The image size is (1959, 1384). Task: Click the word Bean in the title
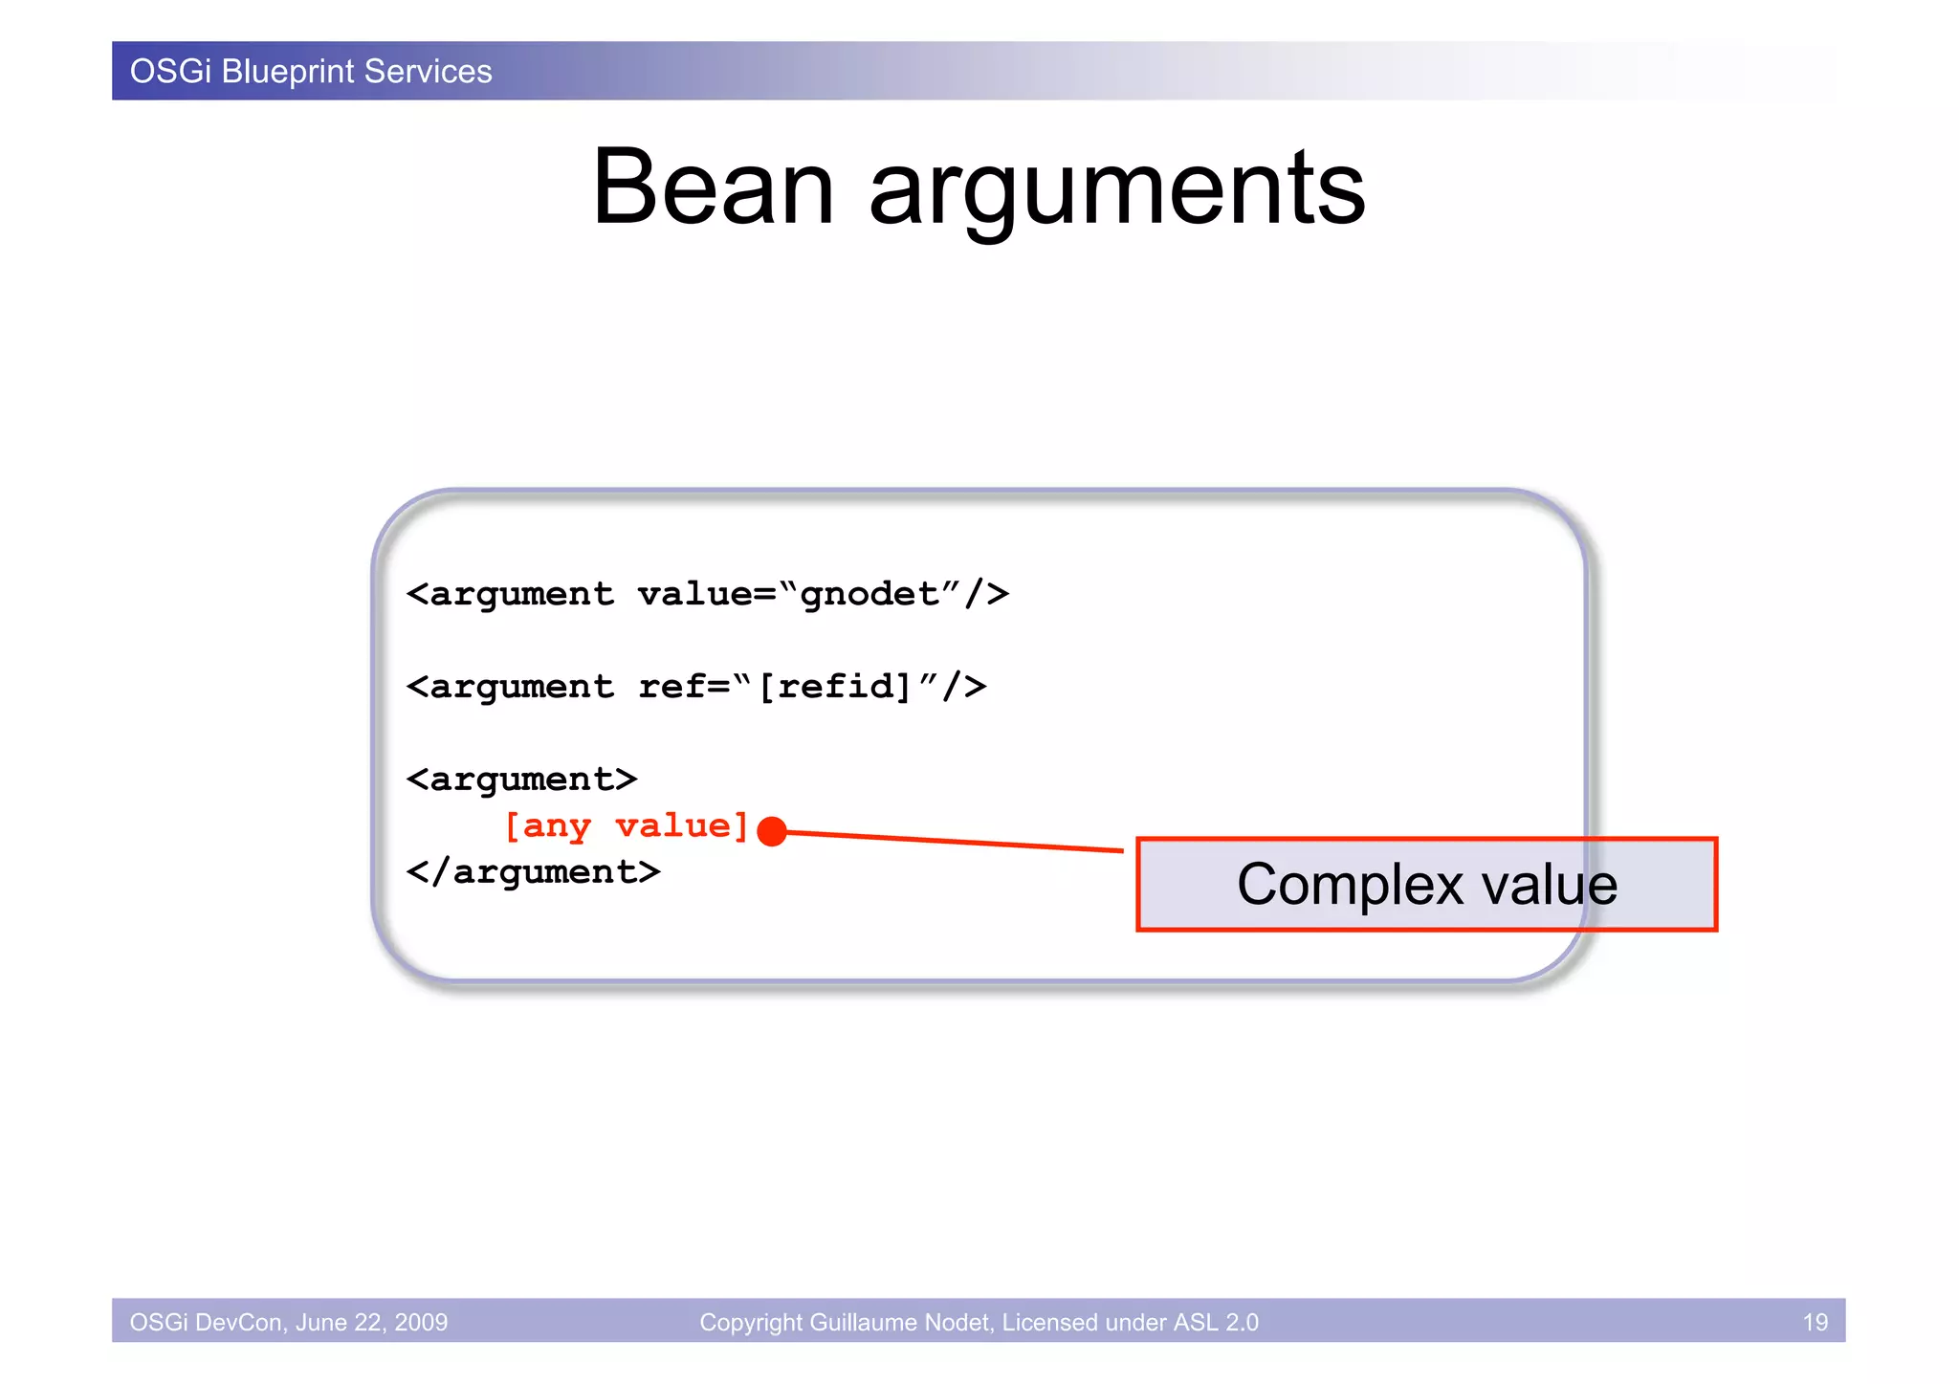pyautogui.click(x=713, y=188)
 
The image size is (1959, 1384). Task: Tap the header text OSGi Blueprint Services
pyautogui.click(x=311, y=72)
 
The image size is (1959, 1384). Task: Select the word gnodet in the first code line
pyautogui.click(x=869, y=594)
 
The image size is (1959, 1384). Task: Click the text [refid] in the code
pyautogui.click(x=835, y=686)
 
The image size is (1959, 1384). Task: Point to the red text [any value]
pyautogui.click(x=627, y=825)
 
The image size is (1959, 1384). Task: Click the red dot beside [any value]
pyautogui.click(x=772, y=831)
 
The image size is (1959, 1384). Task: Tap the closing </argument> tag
pyautogui.click(x=533, y=871)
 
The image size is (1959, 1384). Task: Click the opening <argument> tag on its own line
pyautogui.click(x=521, y=780)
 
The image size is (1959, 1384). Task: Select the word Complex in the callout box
pyautogui.click(x=1350, y=885)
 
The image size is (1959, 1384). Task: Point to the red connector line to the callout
pyautogui.click(x=957, y=842)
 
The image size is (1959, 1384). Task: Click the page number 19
pyautogui.click(x=1815, y=1322)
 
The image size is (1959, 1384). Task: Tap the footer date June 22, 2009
pyautogui.click(x=371, y=1322)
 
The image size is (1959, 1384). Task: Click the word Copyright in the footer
pyautogui.click(x=751, y=1322)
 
